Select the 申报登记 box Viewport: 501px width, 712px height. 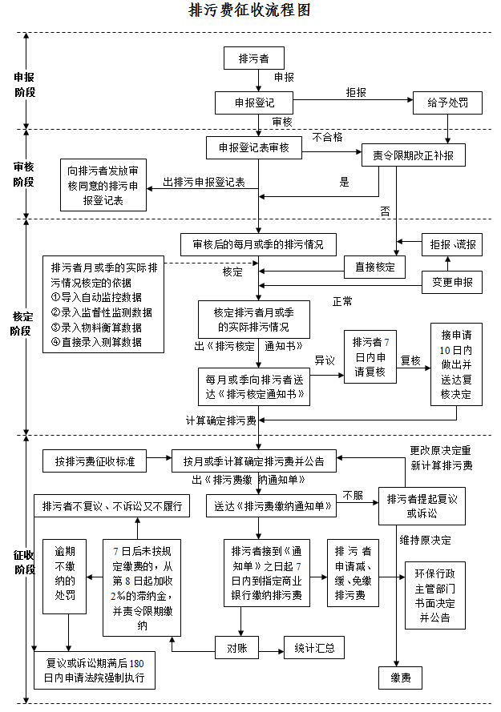coord(254,103)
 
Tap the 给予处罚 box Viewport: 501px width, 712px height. coord(449,103)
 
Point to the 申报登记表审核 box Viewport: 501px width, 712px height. coord(254,148)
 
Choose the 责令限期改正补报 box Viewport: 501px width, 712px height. coord(413,155)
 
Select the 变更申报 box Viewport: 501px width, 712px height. coord(452,282)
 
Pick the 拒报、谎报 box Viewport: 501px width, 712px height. coord(452,245)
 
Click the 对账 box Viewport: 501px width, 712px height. coord(238,647)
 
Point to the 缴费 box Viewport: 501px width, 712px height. coord(401,678)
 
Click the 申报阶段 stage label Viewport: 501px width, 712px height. coord(24,85)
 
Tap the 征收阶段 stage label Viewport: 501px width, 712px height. coord(24,561)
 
